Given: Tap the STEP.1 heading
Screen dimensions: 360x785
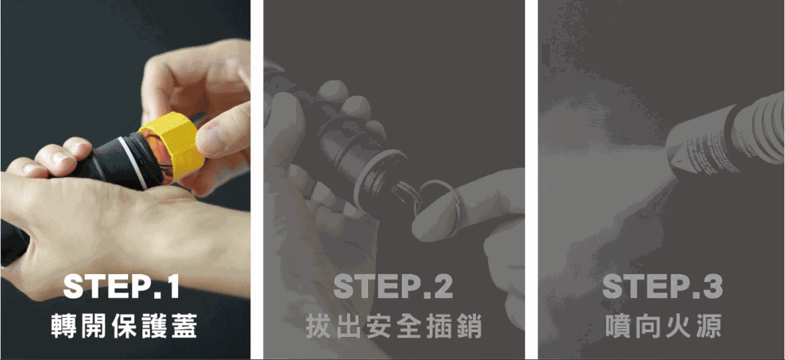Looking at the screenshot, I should (122, 286).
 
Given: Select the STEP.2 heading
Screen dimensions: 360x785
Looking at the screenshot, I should (393, 286).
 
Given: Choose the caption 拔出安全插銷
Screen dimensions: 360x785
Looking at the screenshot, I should (393, 326).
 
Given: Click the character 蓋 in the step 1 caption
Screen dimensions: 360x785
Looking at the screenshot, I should (184, 326).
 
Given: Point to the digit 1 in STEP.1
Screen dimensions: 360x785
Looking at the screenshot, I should (170, 286).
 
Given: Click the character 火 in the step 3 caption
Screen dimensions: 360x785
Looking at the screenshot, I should (677, 326).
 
